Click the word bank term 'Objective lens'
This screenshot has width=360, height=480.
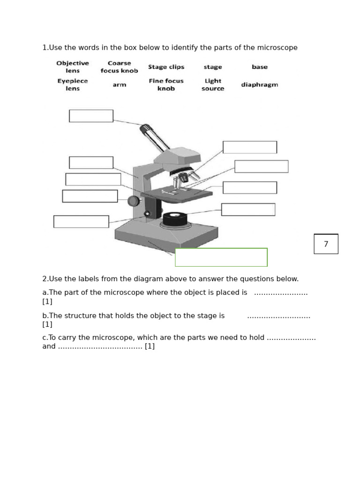pyautogui.click(x=73, y=67)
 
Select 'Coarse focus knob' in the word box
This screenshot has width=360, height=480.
pyautogui.click(x=119, y=67)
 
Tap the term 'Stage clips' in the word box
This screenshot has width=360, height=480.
pyautogui.click(x=166, y=67)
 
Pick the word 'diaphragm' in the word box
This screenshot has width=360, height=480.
pyautogui.click(x=259, y=85)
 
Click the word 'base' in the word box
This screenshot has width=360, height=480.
pyautogui.click(x=259, y=67)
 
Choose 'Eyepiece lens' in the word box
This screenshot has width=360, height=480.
pyautogui.click(x=73, y=85)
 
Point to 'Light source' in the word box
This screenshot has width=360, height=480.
pyautogui.click(x=213, y=85)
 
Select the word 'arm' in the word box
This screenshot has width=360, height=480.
pyautogui.click(x=119, y=85)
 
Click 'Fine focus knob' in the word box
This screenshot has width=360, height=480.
pyautogui.click(x=166, y=85)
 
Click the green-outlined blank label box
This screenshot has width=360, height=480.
pyautogui.click(x=221, y=257)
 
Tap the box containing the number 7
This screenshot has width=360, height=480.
pyautogui.click(x=326, y=244)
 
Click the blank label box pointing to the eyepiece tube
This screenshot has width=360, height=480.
pyautogui.click(x=91, y=116)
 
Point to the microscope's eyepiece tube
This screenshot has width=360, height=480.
pyautogui.click(x=155, y=138)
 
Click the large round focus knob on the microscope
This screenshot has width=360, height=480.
pyautogui.click(x=134, y=201)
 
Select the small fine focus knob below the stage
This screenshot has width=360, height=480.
pyautogui.click(x=147, y=214)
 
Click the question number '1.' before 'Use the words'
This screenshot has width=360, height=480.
pyautogui.click(x=45, y=48)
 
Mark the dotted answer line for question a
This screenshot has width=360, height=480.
pyautogui.click(x=280, y=293)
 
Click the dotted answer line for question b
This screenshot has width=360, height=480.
pyautogui.click(x=278, y=316)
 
